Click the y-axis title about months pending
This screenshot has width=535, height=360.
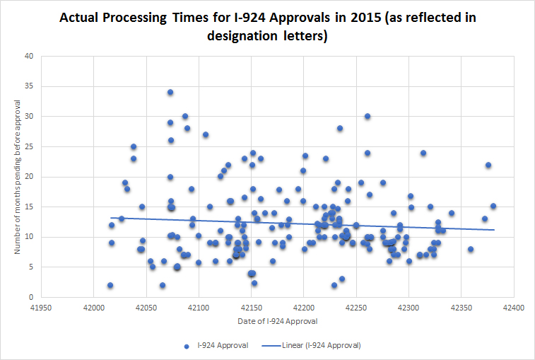click(x=18, y=176)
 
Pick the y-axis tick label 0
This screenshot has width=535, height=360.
click(x=32, y=298)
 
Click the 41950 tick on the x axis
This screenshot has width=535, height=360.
click(x=41, y=309)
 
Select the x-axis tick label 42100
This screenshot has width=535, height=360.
click(x=199, y=309)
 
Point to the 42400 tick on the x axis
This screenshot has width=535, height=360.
click(x=513, y=309)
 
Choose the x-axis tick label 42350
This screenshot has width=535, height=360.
click(x=461, y=309)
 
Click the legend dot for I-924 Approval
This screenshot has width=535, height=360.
click(x=186, y=345)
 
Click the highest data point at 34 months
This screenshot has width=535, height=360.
click(x=170, y=93)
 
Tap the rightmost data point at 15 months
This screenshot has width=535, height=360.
click(x=493, y=207)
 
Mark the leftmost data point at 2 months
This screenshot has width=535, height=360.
click(x=110, y=285)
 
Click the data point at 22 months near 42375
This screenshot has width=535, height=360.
click(x=488, y=165)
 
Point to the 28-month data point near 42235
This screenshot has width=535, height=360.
click(x=340, y=128)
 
